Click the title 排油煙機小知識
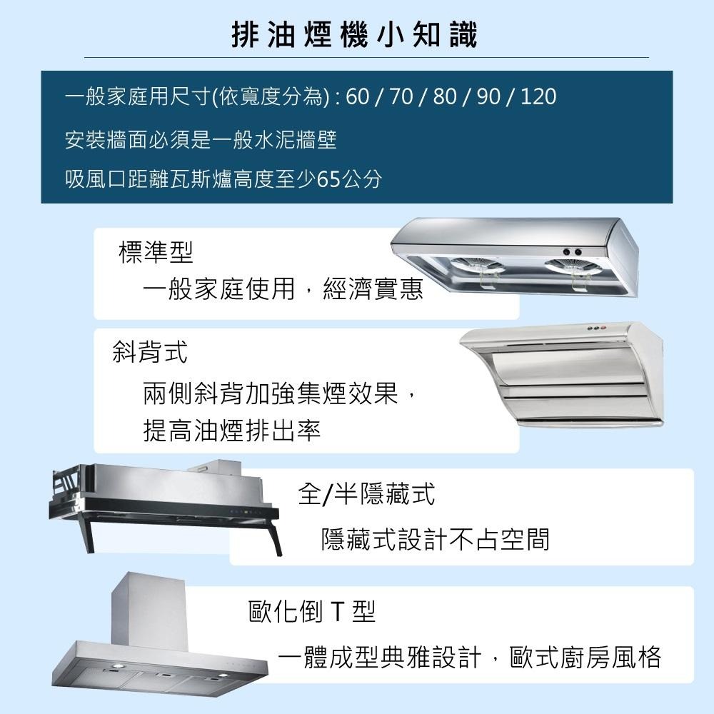click(355, 34)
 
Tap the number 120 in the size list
click(538, 96)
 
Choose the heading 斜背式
click(150, 351)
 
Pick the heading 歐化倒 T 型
click(311, 611)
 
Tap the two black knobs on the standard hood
click(572, 251)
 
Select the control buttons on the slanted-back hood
click(593, 328)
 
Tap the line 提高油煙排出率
click(232, 430)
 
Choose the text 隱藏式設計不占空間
click(436, 539)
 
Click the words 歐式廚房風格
click(585, 657)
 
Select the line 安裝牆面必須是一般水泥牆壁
click(201, 138)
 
